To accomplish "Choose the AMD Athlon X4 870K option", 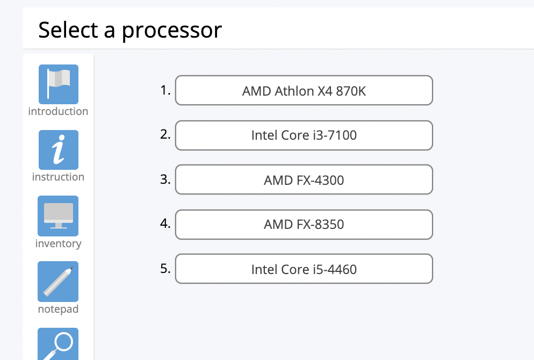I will click(x=304, y=91).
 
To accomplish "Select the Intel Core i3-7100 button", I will click(x=304, y=135).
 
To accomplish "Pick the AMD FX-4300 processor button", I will click(x=304, y=179).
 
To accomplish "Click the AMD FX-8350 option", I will click(x=304, y=224).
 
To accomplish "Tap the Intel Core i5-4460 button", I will click(x=304, y=269).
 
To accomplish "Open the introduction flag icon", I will click(x=58, y=84).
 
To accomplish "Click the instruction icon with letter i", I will click(x=58, y=150).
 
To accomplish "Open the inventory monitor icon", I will click(x=58, y=215).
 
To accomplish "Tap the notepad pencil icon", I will click(x=58, y=281).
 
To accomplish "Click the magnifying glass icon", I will click(x=58, y=344).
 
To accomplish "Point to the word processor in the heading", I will click(x=171, y=30).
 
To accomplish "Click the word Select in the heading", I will click(x=68, y=30).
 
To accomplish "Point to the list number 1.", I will click(x=165, y=90).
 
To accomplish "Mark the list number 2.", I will click(x=165, y=134).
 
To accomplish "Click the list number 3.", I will click(x=165, y=179).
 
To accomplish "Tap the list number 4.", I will click(x=165, y=223).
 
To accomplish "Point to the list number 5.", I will click(x=165, y=268).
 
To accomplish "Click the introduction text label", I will click(x=58, y=112).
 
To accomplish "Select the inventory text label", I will click(x=58, y=244).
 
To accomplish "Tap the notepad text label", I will click(x=58, y=309).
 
